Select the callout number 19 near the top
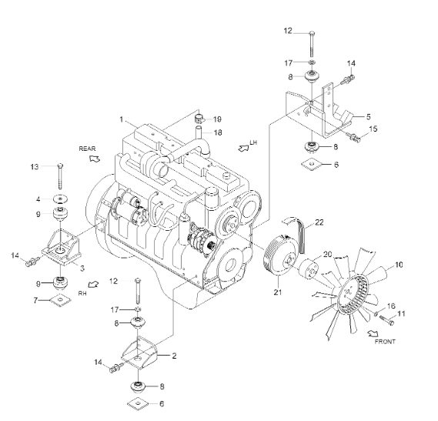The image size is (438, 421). [218, 119]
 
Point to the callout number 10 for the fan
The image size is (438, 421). [400, 266]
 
